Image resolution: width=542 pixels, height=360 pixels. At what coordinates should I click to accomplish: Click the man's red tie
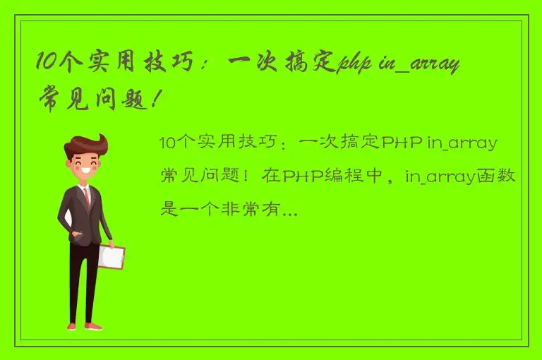pyautogui.click(x=86, y=198)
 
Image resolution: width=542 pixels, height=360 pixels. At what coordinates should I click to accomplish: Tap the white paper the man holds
pyautogui.click(x=110, y=256)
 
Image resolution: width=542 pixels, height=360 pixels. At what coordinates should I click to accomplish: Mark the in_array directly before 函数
pyautogui.click(x=439, y=176)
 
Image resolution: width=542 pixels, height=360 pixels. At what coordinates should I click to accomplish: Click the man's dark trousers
pyautogui.click(x=84, y=282)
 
